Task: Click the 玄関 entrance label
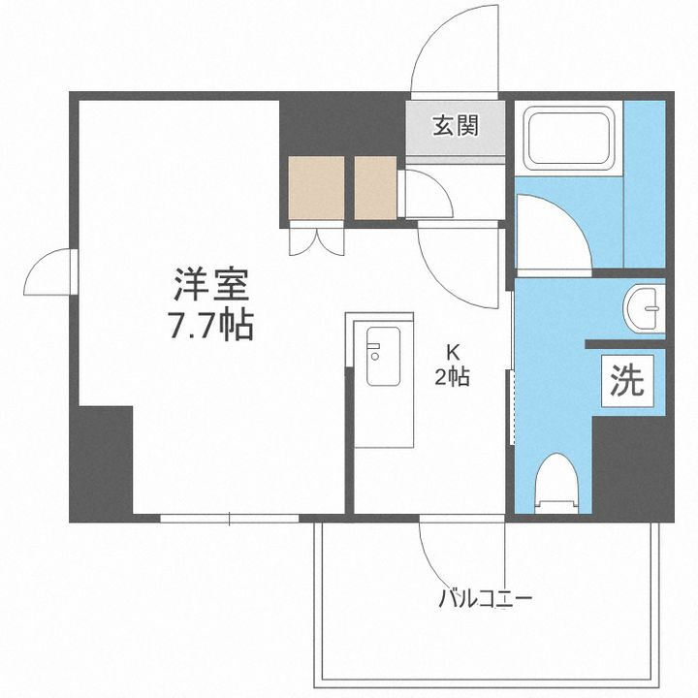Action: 455,125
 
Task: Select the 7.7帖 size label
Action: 211,325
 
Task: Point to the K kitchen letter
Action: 452,351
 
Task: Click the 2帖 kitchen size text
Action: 452,376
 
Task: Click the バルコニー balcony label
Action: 486,597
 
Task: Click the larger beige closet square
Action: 316,187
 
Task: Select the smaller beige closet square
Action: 375,187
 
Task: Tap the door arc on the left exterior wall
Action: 48,271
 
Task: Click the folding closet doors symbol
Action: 316,239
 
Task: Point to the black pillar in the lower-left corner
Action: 101,460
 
